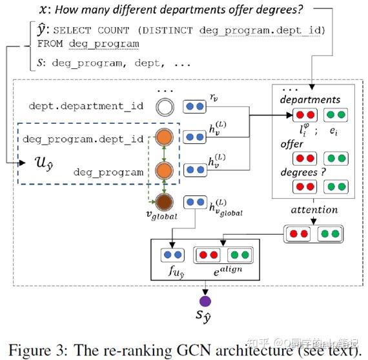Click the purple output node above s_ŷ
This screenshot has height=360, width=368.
click(x=205, y=301)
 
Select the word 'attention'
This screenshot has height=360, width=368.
click(x=314, y=209)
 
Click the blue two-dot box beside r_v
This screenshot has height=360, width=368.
click(x=194, y=106)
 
